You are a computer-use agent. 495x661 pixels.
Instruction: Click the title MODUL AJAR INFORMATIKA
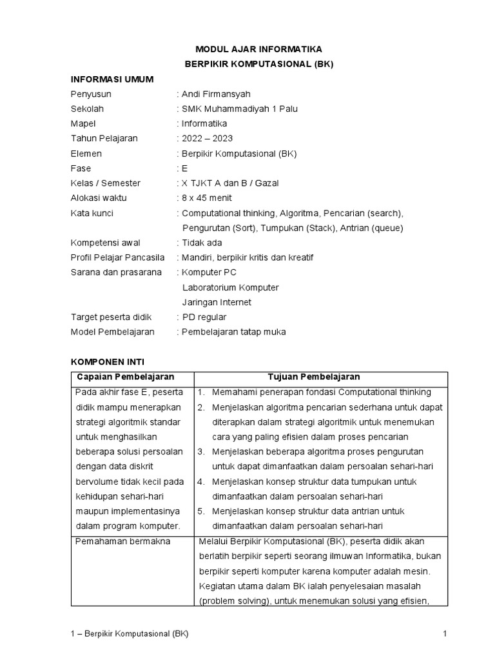click(258, 49)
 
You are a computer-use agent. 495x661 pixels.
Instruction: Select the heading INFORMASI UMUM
click(112, 79)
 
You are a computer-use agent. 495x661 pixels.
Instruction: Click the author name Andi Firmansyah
click(216, 94)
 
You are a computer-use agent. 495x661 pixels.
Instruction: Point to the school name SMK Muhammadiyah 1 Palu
click(240, 108)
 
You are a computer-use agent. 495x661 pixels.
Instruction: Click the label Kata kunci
click(92, 213)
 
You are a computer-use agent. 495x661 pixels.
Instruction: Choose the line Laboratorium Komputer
click(231, 287)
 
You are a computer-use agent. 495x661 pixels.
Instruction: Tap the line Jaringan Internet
click(217, 302)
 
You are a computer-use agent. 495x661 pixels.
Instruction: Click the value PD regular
click(204, 317)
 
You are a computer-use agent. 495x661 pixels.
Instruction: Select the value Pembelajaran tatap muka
click(234, 332)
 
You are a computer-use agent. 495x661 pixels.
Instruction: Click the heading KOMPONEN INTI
click(112, 362)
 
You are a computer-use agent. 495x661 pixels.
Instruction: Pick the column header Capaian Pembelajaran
click(126, 377)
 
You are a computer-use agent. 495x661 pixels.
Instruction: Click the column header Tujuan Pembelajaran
click(314, 377)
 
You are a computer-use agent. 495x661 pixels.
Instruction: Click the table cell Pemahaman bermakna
click(122, 541)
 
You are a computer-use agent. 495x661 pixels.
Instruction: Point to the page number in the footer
click(445, 634)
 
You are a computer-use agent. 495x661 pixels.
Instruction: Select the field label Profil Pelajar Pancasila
click(117, 258)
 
